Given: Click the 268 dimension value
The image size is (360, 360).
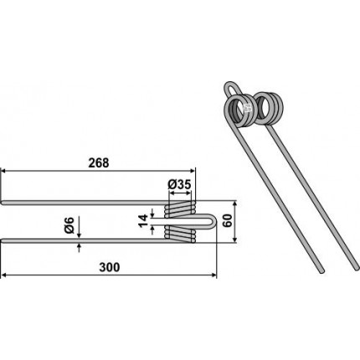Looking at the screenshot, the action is [99, 163].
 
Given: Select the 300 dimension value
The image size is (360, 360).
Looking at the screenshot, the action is [110, 267].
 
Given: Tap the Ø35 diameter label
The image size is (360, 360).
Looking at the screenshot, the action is [179, 184].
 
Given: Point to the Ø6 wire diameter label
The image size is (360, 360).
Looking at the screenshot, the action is [69, 225].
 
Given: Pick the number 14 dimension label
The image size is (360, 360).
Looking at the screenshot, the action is [143, 221].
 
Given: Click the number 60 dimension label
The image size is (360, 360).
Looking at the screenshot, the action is [228, 221].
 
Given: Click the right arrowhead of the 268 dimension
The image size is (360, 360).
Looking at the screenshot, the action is [192, 170].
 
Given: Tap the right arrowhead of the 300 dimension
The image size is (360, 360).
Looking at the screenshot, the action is [213, 275].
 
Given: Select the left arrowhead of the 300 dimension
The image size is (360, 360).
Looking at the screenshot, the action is [4, 275].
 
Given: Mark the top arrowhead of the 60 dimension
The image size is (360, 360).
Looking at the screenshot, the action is [234, 204].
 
